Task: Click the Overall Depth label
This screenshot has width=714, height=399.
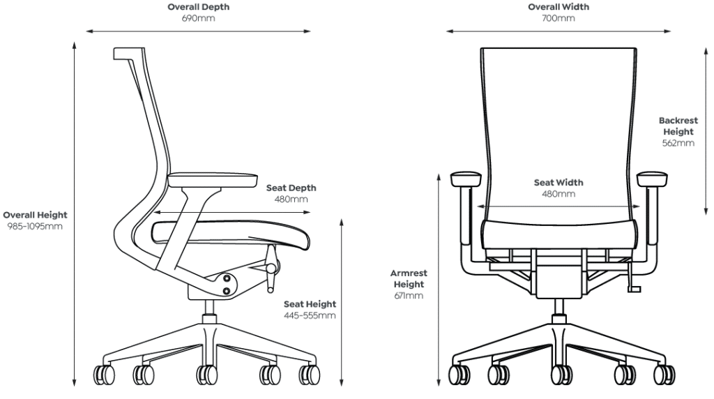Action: tap(199, 7)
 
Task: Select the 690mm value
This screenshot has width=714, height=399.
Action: tap(199, 18)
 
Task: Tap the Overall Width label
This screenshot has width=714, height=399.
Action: tap(559, 7)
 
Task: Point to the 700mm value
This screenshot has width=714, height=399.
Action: tap(559, 18)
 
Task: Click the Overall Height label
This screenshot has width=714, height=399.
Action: tap(35, 215)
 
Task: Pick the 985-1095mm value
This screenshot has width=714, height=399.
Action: tap(35, 227)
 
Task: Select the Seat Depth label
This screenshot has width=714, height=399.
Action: tap(291, 188)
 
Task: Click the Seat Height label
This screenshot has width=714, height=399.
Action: tap(310, 304)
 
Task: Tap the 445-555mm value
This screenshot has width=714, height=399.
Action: tap(310, 315)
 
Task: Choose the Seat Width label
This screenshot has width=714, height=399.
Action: tap(559, 182)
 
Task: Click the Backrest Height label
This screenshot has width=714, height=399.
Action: tap(678, 126)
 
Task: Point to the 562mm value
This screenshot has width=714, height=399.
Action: tap(678, 143)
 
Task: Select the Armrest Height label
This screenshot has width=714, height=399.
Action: tap(409, 279)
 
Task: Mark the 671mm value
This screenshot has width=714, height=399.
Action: tap(409, 296)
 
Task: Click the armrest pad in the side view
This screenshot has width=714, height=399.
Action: tap(213, 180)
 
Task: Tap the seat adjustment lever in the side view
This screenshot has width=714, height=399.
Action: tap(272, 269)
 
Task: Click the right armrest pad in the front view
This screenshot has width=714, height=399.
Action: tap(653, 179)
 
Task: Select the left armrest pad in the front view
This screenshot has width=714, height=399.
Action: tap(465, 179)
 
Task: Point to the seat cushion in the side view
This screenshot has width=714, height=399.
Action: tap(231, 234)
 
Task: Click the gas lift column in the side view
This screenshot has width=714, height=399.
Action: tap(209, 312)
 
